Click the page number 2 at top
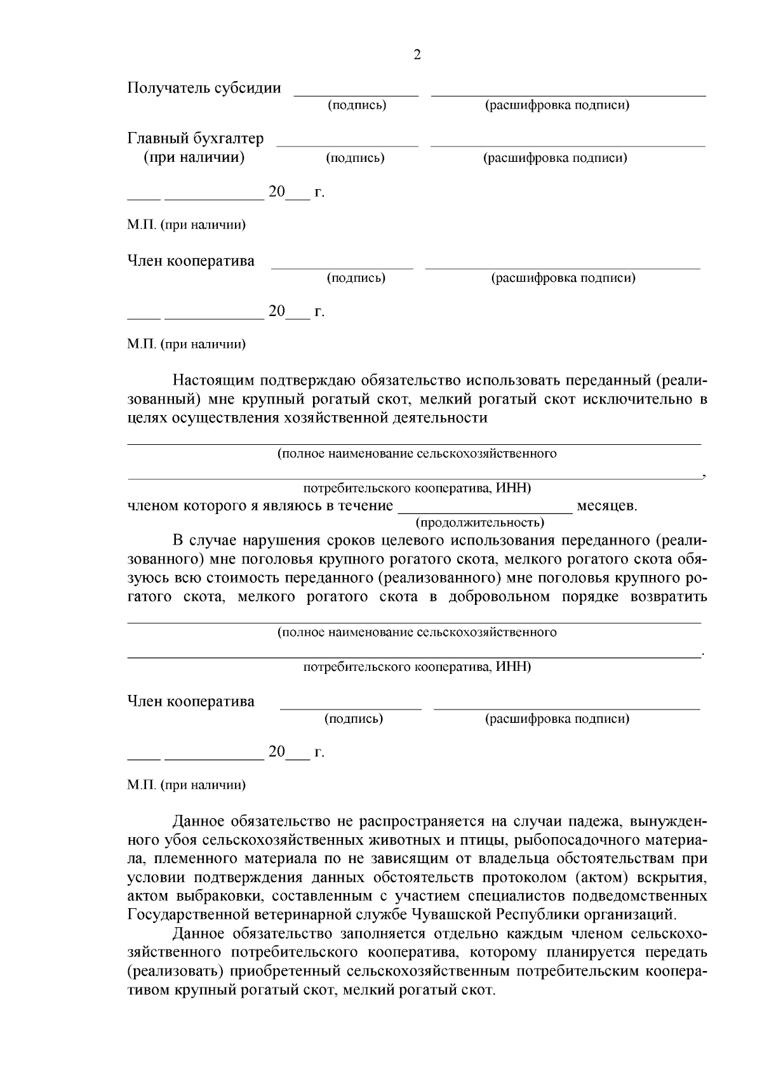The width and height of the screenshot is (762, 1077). [417, 55]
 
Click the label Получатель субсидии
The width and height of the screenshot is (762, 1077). [204, 88]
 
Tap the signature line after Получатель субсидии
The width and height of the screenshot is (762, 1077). [356, 95]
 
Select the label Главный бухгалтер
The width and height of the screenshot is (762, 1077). [196, 138]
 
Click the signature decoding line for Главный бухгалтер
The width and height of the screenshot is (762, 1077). [568, 145]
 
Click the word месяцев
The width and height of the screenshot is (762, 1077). [606, 506]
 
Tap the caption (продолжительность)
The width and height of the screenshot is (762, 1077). [479, 522]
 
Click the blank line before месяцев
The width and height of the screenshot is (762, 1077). [485, 511]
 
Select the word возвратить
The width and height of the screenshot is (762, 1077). [669, 597]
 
